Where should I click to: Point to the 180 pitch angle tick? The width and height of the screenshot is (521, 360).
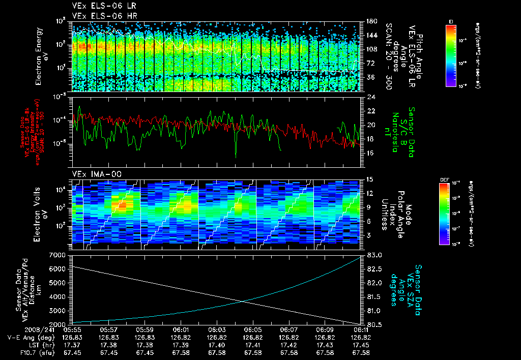point(370,21)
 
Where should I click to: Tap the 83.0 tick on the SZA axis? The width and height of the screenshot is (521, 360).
point(374,255)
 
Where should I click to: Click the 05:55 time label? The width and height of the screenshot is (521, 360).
point(73,329)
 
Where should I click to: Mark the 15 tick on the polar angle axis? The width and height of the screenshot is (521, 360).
point(370,179)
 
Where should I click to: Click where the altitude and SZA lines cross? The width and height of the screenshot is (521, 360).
point(243,301)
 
